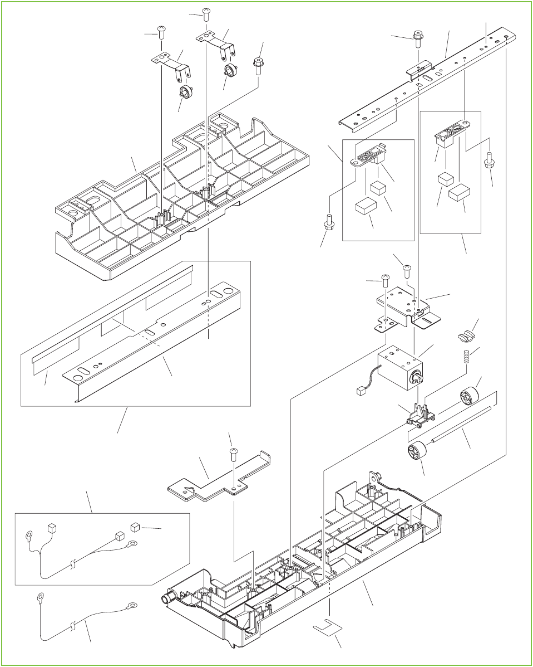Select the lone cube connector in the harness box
coord(134,527)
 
